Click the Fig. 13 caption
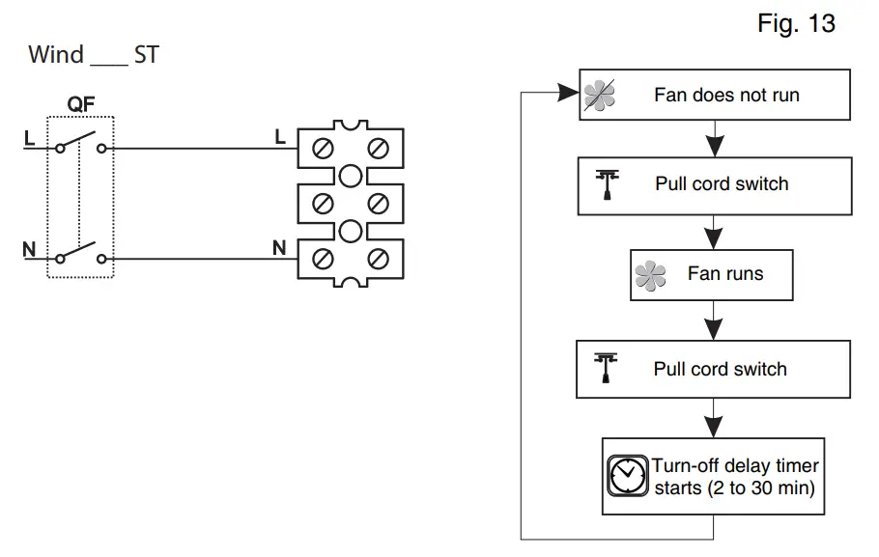[796, 24]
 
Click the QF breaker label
[80, 103]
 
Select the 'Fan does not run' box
[715, 95]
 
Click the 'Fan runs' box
[711, 274]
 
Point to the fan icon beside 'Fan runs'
[651, 277]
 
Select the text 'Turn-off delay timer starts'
[735, 477]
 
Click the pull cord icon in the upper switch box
[608, 184]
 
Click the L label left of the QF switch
[29, 138]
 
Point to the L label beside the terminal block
[280, 138]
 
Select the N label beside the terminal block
[279, 248]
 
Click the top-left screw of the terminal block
[324, 150]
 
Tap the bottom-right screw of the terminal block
[379, 260]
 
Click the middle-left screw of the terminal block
[324, 204]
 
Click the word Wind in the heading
[56, 54]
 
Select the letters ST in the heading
[147, 54]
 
